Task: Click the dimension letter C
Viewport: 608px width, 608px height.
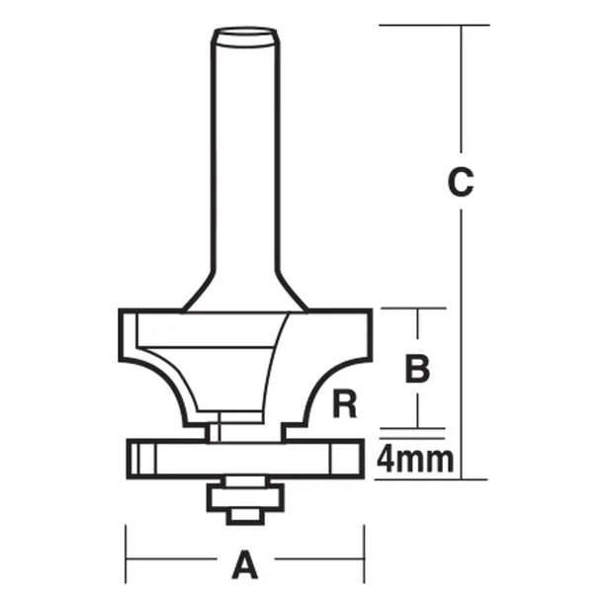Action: pyautogui.click(x=461, y=183)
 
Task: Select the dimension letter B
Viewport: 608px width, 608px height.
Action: pyautogui.click(x=418, y=369)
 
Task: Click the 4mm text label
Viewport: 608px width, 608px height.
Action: pyautogui.click(x=416, y=459)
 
